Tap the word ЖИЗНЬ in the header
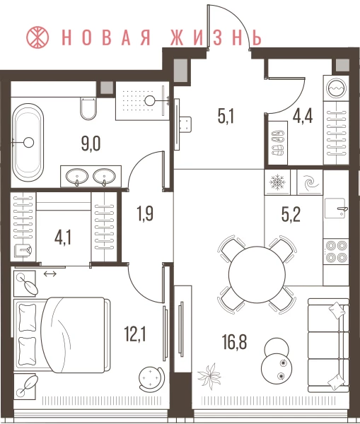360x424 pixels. (x=216, y=37)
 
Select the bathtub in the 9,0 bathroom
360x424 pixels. (x=28, y=143)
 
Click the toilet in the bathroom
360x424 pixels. (x=88, y=108)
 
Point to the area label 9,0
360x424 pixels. (x=91, y=143)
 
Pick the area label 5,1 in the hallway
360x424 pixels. (x=226, y=117)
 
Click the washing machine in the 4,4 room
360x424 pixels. (x=337, y=88)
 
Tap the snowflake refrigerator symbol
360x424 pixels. (x=277, y=182)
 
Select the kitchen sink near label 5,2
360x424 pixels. (x=336, y=208)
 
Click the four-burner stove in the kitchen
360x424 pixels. (x=336, y=252)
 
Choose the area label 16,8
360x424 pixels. (x=234, y=342)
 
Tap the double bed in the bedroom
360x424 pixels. (x=62, y=335)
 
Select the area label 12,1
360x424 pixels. (x=135, y=334)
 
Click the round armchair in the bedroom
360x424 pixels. (x=151, y=377)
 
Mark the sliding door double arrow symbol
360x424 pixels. (x=50, y=274)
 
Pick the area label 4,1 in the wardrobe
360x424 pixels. (x=63, y=238)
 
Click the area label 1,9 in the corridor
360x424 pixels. (x=145, y=213)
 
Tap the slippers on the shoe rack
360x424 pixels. (x=277, y=143)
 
